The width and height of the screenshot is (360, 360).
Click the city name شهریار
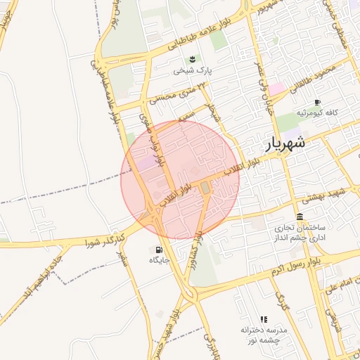285,143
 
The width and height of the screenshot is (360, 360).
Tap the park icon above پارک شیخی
191,58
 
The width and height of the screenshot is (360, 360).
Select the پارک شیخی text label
193,71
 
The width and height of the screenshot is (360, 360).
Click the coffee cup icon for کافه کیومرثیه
317,102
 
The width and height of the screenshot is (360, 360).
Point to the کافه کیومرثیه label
316,112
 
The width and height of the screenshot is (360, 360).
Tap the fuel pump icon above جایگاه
157,249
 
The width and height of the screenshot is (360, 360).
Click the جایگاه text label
160,260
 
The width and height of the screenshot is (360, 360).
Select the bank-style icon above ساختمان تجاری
300,216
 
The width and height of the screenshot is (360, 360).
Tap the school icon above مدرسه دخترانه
264,319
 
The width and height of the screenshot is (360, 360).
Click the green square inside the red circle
205,188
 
